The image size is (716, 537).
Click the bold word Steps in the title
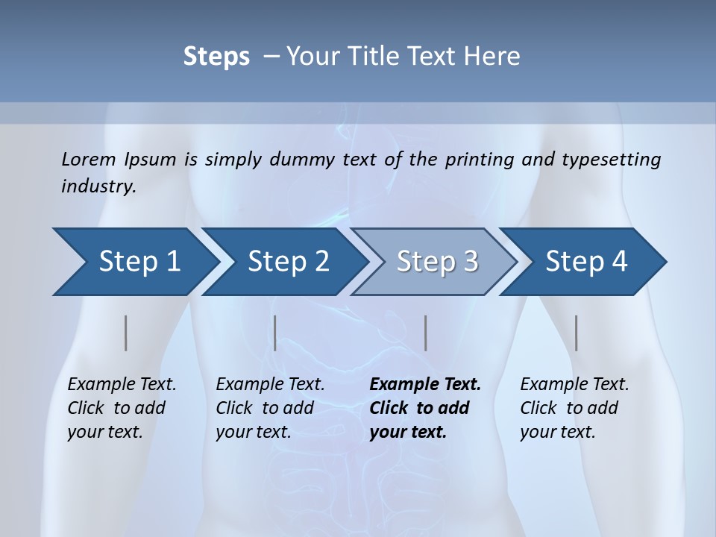(x=216, y=57)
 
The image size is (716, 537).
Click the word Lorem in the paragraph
(x=88, y=159)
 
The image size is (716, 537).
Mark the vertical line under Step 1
(x=126, y=333)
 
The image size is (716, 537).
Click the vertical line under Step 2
(x=275, y=333)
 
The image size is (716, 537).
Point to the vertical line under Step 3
(x=425, y=333)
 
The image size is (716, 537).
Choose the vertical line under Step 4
(x=576, y=333)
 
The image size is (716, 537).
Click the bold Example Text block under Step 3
(x=424, y=408)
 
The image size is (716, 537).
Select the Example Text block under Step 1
(x=121, y=408)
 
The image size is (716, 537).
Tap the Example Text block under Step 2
(x=269, y=408)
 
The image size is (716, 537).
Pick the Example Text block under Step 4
(x=574, y=408)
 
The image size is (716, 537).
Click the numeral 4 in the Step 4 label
(x=618, y=262)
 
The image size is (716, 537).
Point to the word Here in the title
(x=497, y=57)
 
